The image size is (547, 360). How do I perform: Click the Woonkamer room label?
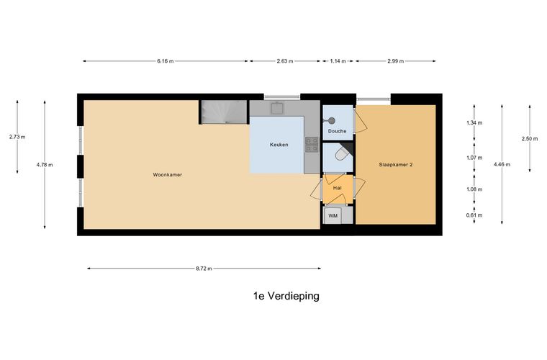(x=167, y=175)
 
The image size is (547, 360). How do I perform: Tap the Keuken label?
(x=279, y=145)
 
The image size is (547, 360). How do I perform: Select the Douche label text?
(x=337, y=132)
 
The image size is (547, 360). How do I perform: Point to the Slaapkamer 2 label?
(x=396, y=165)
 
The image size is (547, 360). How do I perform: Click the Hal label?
(x=337, y=189)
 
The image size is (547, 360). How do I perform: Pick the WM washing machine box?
(x=333, y=215)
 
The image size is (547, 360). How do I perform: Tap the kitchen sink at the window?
(x=278, y=108)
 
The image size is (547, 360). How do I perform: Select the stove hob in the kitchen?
(x=312, y=145)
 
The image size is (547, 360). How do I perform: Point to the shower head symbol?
(x=332, y=120)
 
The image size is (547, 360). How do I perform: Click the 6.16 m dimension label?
(x=166, y=61)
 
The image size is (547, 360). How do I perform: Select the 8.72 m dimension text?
(x=204, y=269)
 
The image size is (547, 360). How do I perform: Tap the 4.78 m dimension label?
(x=45, y=165)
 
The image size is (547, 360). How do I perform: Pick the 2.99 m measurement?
(x=395, y=61)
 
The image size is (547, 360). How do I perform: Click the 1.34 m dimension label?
(x=474, y=123)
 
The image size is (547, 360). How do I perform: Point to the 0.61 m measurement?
(x=474, y=215)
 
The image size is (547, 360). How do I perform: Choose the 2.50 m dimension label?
(x=530, y=139)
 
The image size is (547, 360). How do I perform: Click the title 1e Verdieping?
(x=286, y=296)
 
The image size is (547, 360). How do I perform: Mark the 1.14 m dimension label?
(x=338, y=61)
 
